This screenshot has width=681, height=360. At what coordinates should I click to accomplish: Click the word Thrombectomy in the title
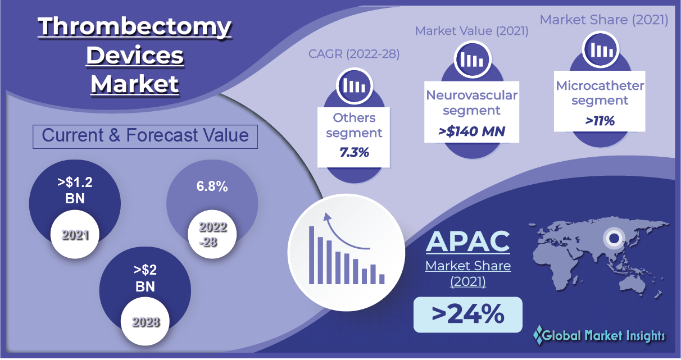(x=134, y=27)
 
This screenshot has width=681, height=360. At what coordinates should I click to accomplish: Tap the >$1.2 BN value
(x=75, y=190)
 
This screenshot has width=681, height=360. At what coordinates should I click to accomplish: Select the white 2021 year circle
(x=75, y=234)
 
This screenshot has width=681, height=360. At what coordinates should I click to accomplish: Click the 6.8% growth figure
(x=212, y=186)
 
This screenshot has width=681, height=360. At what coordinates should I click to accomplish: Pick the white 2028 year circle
(x=145, y=321)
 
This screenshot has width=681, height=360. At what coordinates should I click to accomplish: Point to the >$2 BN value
(x=145, y=278)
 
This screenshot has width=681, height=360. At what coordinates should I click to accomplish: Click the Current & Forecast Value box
(x=145, y=136)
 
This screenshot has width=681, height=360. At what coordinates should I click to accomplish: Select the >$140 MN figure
(x=471, y=131)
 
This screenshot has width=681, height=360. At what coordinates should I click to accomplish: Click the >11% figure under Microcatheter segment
(x=600, y=121)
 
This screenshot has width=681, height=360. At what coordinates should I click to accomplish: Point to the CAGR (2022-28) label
(x=354, y=54)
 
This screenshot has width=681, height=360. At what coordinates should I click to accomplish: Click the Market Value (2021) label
(x=471, y=31)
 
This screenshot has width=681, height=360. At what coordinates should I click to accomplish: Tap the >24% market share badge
(x=468, y=315)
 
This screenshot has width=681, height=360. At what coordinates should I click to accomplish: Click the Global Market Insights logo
(x=599, y=335)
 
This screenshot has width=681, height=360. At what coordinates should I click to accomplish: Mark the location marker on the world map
(x=614, y=238)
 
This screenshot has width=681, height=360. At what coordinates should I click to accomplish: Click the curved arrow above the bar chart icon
(x=341, y=233)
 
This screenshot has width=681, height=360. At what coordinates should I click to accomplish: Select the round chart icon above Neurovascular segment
(x=472, y=59)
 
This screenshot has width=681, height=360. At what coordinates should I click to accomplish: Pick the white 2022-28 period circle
(x=212, y=234)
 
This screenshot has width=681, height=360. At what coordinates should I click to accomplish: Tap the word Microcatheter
(x=600, y=86)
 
